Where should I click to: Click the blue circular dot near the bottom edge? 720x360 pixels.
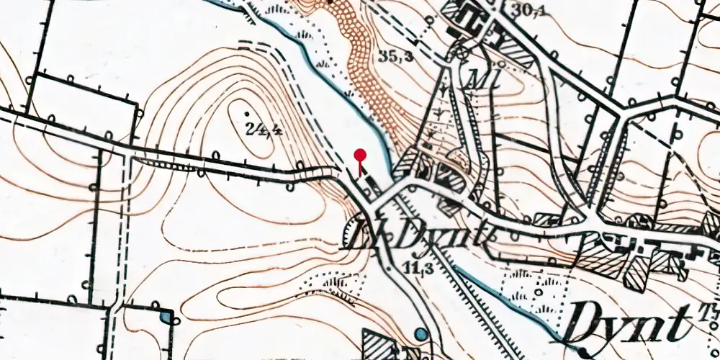coord(420,334)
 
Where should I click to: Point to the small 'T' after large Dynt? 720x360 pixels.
coord(706,307)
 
